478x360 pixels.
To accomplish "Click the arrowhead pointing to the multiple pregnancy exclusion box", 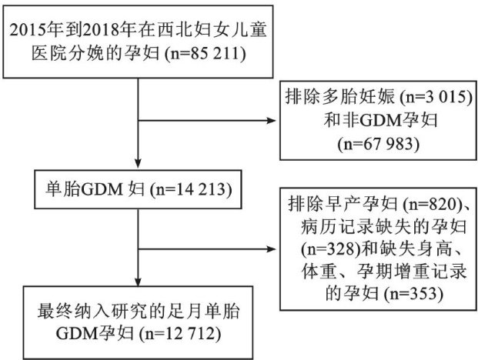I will point(273,122).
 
